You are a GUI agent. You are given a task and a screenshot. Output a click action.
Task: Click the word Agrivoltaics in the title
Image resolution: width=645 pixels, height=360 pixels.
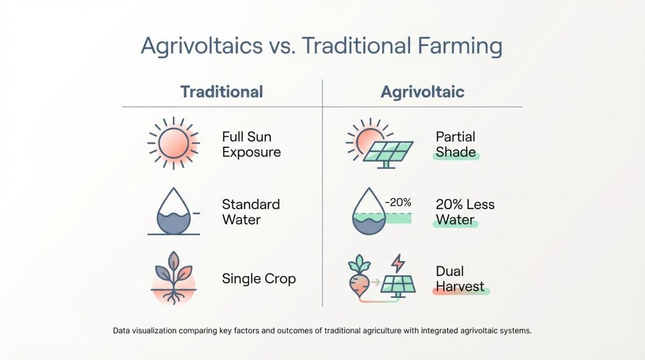202,46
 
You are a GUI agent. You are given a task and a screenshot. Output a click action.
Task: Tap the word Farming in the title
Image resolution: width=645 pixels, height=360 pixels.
460,46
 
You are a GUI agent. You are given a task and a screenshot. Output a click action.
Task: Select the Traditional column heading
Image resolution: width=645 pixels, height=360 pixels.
221,91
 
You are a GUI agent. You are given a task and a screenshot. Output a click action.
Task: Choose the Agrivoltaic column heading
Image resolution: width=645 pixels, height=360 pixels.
422,92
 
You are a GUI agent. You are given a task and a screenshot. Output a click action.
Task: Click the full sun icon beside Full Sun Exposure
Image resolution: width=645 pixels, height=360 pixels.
174,143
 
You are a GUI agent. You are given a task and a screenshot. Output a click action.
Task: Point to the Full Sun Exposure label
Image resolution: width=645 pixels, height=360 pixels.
252,144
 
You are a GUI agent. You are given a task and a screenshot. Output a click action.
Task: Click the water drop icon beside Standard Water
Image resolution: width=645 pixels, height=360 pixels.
174,211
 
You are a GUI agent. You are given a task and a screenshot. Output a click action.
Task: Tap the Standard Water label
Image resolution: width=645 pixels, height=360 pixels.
251,212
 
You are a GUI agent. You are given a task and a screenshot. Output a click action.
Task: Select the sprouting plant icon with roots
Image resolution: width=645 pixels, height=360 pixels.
173,278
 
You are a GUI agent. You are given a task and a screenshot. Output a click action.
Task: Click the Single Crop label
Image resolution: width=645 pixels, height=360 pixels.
259,278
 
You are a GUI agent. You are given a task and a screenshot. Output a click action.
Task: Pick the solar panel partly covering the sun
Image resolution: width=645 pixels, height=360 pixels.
388,155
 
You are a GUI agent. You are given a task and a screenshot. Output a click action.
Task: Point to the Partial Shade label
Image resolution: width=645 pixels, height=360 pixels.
456,144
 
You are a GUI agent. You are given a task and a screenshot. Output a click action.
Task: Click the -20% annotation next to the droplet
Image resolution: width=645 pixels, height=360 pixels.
398,203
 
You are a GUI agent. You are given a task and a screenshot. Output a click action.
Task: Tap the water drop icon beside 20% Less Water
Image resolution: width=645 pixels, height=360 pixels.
369,211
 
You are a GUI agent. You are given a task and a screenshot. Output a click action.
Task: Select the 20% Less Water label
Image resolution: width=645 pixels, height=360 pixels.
465,212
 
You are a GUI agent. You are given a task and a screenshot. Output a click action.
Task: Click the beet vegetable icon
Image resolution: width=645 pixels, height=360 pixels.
359,276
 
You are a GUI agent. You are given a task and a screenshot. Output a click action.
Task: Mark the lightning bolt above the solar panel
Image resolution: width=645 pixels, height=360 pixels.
398,263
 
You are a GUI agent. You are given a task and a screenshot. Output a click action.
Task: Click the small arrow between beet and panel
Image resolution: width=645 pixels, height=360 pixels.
376,282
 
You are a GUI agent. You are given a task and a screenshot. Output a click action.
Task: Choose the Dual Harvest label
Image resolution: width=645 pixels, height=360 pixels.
460,278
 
